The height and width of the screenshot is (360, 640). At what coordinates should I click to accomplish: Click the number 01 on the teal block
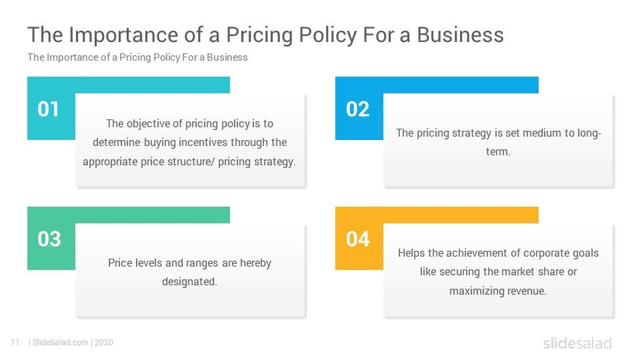(x=49, y=109)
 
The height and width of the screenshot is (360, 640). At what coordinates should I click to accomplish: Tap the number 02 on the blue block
(x=357, y=109)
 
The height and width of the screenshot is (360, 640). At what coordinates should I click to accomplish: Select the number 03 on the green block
(x=49, y=239)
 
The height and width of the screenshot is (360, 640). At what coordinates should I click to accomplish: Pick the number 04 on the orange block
(x=357, y=239)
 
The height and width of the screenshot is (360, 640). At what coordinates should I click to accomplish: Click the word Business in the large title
(x=460, y=35)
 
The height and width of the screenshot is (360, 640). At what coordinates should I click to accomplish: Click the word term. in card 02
(x=498, y=152)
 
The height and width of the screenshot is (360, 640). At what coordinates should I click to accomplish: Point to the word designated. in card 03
(x=189, y=282)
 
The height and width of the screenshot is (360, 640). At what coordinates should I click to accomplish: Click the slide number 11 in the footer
(x=15, y=343)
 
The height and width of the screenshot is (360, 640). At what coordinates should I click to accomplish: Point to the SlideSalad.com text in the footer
(x=61, y=343)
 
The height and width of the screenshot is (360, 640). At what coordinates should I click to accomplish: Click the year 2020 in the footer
(x=104, y=343)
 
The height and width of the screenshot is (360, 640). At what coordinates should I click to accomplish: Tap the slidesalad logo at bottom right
(x=577, y=343)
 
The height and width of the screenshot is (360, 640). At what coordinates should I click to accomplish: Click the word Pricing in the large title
(x=259, y=35)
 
